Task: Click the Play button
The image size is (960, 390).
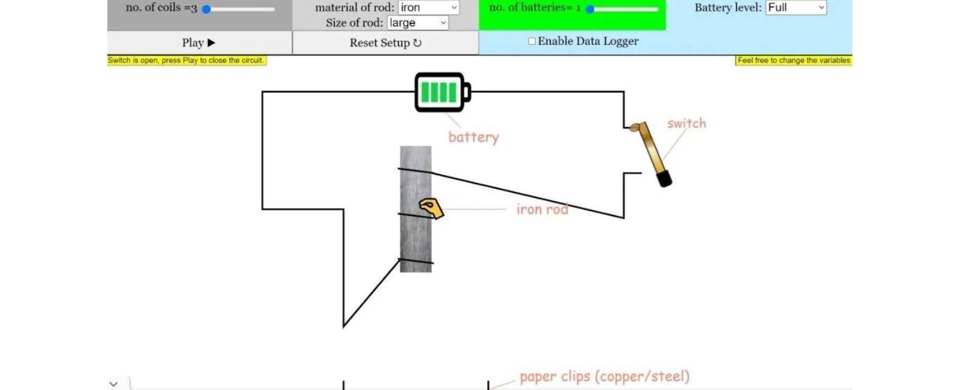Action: click(x=199, y=43)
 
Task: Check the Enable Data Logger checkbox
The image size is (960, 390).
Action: click(x=532, y=41)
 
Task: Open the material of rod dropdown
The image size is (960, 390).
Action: click(x=428, y=8)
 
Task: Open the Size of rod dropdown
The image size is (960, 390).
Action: click(x=418, y=23)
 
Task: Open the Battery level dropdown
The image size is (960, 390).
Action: click(x=796, y=8)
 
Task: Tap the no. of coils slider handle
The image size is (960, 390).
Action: click(x=206, y=10)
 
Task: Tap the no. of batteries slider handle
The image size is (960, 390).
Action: click(x=590, y=10)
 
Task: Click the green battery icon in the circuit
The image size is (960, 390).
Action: click(x=443, y=92)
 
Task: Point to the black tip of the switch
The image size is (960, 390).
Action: click(x=665, y=178)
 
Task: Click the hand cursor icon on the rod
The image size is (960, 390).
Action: click(x=431, y=208)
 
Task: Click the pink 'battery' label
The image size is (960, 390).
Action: click(x=473, y=137)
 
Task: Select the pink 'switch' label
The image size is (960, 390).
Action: click(x=686, y=124)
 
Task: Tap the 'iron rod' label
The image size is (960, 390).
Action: click(x=542, y=209)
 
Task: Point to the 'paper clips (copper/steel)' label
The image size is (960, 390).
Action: click(x=605, y=376)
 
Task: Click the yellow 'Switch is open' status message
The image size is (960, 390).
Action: click(x=187, y=61)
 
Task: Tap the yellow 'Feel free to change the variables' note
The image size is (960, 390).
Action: click(x=794, y=61)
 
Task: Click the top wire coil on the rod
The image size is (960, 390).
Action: click(x=415, y=171)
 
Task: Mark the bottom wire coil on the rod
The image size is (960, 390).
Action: click(x=416, y=261)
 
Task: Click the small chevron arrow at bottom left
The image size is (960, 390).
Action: click(x=113, y=384)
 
